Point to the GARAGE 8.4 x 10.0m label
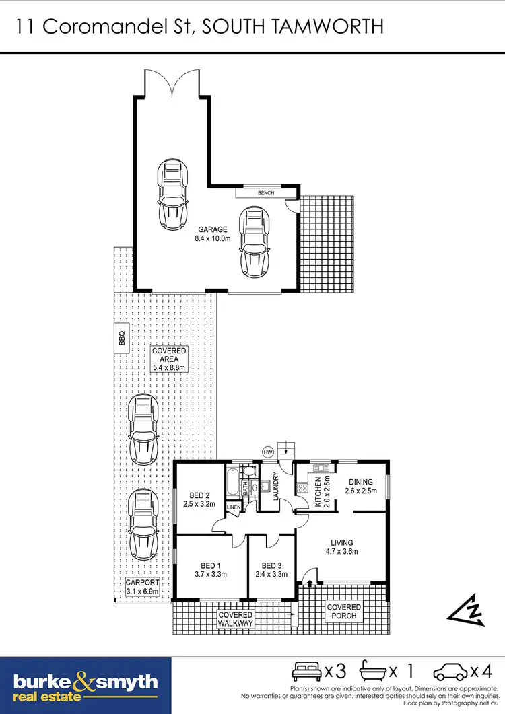(212, 234)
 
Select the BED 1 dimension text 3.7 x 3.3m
(209, 574)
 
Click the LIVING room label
(342, 542)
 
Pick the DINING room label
(360, 482)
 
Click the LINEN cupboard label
(234, 507)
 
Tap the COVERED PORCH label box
(343, 612)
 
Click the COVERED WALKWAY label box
(235, 619)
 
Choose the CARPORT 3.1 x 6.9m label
(142, 587)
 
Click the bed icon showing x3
(307, 671)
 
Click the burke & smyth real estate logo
(86, 686)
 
